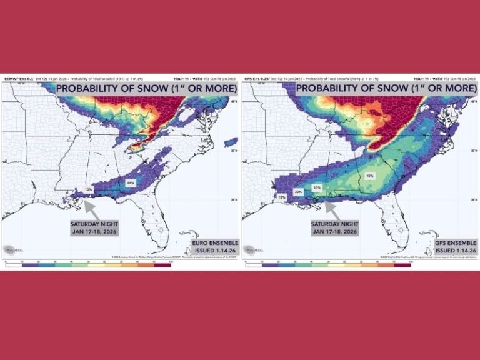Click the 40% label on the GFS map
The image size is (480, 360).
click(370, 176)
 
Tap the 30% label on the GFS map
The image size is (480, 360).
click(317, 187)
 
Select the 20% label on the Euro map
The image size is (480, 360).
click(131, 182)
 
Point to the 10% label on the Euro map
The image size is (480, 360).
click(89, 189)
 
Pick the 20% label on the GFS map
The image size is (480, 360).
click(299, 192)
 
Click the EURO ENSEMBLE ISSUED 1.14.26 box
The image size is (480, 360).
click(210, 246)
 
